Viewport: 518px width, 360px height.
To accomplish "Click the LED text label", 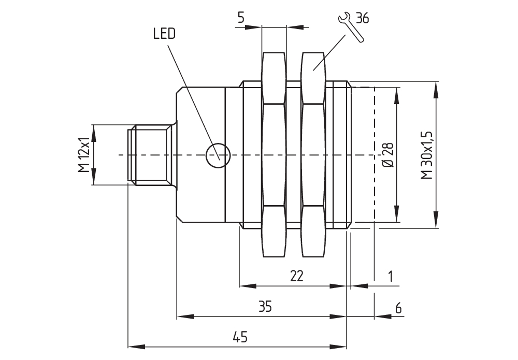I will pos(164,34).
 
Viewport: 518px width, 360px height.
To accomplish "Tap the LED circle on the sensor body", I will pos(217,155).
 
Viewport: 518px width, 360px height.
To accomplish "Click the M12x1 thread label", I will pos(83,155).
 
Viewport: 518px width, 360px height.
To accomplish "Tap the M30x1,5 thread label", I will pos(426,155).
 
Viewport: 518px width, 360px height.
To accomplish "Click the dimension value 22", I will pos(296,276).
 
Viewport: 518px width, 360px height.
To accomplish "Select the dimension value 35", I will pos(265,307).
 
